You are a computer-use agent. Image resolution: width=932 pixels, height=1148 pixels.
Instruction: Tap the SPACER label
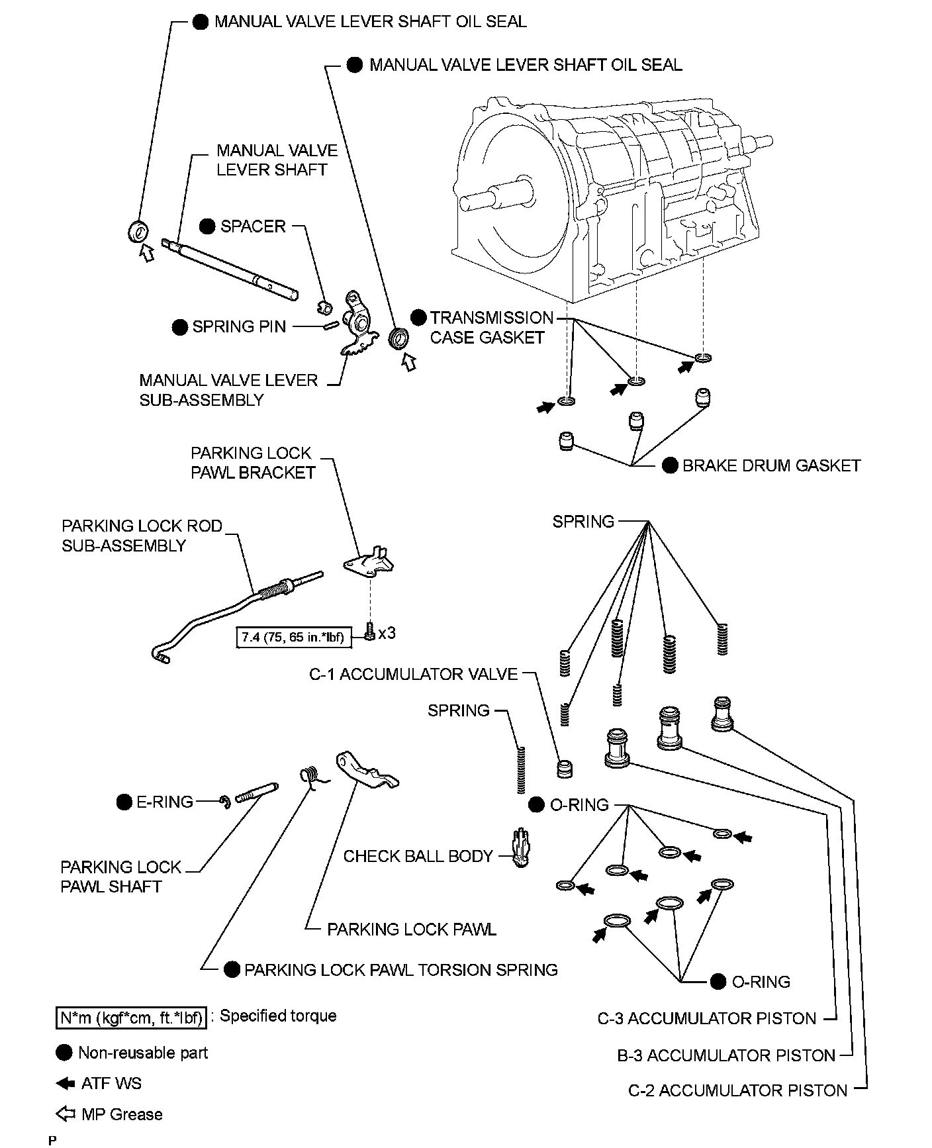coord(252,226)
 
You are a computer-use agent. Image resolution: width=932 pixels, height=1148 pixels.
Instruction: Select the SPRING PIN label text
coord(239,326)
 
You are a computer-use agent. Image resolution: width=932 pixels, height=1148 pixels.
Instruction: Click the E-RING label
coord(164,802)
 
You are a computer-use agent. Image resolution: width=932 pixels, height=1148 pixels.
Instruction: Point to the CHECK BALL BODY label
coord(418,856)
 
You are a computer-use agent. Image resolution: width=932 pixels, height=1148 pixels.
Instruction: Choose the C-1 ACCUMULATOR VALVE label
coord(413,674)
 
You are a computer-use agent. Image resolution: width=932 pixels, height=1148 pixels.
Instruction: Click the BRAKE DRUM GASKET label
coord(771,465)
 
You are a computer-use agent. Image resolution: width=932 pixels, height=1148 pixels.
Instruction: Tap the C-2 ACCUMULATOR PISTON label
coord(737,1090)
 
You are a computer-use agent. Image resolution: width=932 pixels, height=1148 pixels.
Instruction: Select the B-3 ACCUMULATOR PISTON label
coord(726,1055)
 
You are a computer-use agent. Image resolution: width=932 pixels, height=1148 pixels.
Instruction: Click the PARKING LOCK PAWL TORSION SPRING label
coord(400,970)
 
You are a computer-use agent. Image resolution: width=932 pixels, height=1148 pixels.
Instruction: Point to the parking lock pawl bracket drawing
coord(369,560)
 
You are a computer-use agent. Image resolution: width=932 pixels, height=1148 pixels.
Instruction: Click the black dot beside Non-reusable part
coord(64,1053)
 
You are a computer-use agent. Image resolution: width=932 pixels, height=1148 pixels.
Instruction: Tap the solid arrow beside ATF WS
coord(66,1084)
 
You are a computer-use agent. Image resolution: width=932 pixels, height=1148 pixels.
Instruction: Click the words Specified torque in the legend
coord(278,1016)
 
